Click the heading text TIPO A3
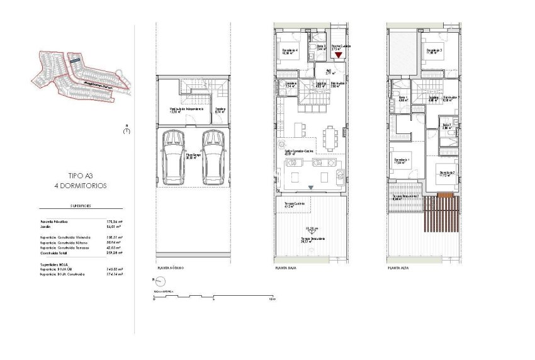tap(80, 177)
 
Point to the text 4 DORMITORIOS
tap(80, 186)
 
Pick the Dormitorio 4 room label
tap(290, 52)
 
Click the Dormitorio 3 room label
tap(432, 52)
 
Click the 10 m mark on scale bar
tap(272, 299)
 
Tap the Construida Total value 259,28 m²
tap(114, 252)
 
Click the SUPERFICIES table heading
tap(81, 206)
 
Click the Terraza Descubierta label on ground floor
tap(312, 240)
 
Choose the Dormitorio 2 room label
tap(447, 173)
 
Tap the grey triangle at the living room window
tap(312, 188)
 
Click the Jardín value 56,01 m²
tap(114, 228)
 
